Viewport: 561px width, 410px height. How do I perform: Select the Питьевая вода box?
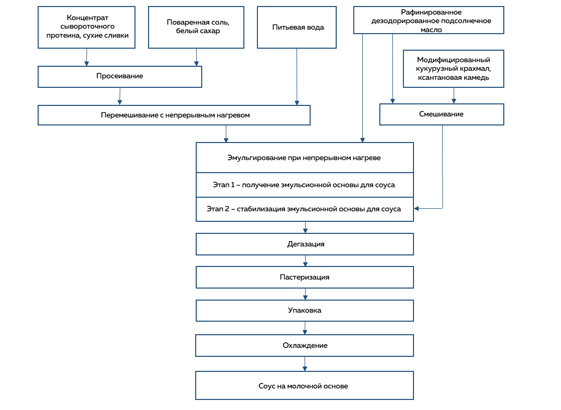297,27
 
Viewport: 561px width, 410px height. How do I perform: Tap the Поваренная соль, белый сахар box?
196,27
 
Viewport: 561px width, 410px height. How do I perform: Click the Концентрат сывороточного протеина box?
87,27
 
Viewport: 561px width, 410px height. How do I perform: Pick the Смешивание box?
442,114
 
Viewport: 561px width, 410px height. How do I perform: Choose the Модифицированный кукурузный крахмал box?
453,69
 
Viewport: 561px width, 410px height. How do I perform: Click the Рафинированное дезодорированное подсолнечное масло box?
429,20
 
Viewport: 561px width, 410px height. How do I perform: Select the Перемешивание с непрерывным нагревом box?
174,115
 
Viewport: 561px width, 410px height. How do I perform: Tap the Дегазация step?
305,244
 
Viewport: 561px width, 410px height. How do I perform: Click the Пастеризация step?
305,278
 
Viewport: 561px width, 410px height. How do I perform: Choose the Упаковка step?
305,311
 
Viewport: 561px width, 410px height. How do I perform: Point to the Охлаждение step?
305,346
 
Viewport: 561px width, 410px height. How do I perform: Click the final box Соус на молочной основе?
305,386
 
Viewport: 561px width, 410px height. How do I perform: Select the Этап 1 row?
305,185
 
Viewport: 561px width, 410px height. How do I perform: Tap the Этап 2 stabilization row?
305,209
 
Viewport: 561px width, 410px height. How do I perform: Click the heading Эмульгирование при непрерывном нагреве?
304,158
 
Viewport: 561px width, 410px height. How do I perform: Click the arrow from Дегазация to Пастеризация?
305,261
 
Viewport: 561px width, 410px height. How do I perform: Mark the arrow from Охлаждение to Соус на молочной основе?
305,364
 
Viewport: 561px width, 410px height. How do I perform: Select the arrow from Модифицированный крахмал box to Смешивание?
454,95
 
